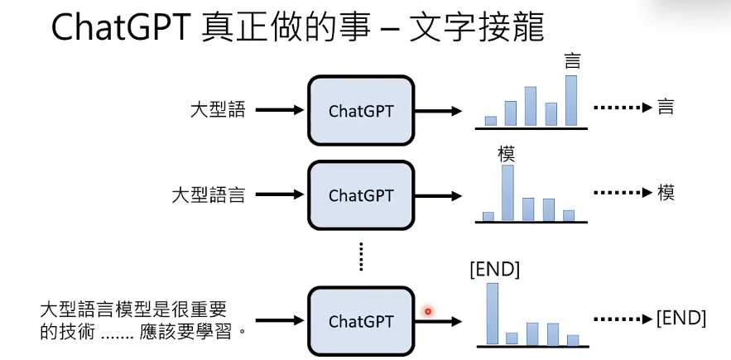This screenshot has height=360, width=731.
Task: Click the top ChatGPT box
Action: (361, 110)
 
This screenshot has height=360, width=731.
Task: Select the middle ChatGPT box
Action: (361, 195)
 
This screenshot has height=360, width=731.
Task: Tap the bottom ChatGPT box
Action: (361, 320)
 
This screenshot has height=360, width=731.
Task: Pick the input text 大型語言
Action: (208, 195)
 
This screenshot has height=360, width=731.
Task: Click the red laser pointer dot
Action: (428, 311)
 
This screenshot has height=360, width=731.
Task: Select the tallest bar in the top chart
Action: (570, 100)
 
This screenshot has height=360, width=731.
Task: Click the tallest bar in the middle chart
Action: (507, 193)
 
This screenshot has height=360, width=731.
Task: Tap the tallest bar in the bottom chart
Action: (492, 313)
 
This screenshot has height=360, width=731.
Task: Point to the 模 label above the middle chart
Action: (507, 153)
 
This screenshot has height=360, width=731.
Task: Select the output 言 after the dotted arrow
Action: (666, 108)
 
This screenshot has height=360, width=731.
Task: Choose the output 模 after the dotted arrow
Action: (666, 193)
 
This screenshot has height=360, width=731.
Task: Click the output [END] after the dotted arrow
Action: (681, 318)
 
